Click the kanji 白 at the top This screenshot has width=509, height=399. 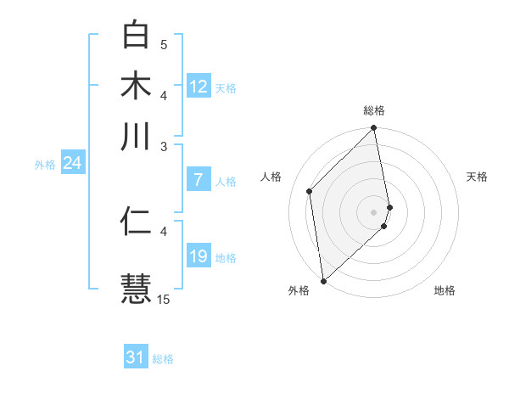point(136,35)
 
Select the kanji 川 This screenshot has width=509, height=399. point(136,136)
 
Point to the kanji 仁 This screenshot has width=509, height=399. point(136,221)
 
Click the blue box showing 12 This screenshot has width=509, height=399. point(199,87)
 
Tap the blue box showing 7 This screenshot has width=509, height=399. point(199,180)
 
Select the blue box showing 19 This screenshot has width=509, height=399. point(199,256)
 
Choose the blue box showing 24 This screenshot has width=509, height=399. point(72,163)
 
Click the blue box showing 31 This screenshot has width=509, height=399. point(136,358)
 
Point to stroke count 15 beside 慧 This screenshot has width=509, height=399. point(164,299)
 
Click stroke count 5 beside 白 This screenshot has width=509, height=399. point(164,44)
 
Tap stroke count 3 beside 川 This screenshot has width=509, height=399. point(164,146)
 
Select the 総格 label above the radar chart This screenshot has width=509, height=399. point(374,110)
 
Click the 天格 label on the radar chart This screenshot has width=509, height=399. point(477,177)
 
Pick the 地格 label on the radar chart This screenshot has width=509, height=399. point(445,290)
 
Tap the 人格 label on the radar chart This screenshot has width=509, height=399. point(271,177)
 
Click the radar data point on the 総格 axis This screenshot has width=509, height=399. point(374,129)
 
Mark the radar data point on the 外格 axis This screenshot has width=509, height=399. point(323,280)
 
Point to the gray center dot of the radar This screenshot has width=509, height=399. point(374,211)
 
